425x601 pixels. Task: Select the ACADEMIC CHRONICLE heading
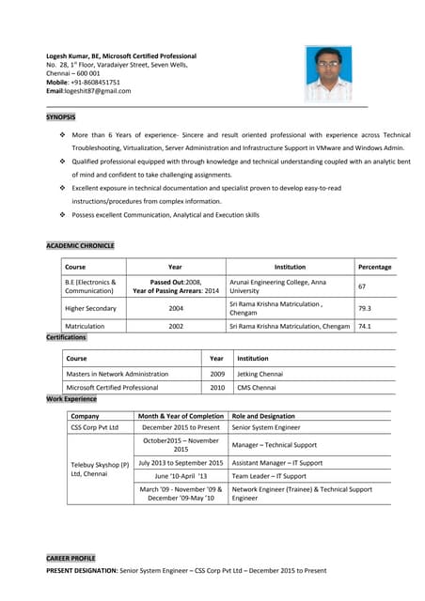(x=80, y=245)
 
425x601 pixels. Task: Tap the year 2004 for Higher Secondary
(x=176, y=308)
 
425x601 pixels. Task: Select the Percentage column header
(x=374, y=267)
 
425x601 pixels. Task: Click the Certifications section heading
(x=66, y=337)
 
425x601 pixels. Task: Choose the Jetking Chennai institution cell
(x=260, y=373)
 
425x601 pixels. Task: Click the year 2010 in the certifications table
(x=216, y=387)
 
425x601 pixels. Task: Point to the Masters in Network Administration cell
(x=118, y=373)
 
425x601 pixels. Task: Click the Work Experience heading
(x=71, y=399)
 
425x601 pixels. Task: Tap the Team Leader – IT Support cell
(x=276, y=476)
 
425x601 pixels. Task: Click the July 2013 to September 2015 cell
(x=181, y=462)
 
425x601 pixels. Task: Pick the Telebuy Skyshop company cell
(x=99, y=470)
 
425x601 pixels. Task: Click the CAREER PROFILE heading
(x=71, y=558)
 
